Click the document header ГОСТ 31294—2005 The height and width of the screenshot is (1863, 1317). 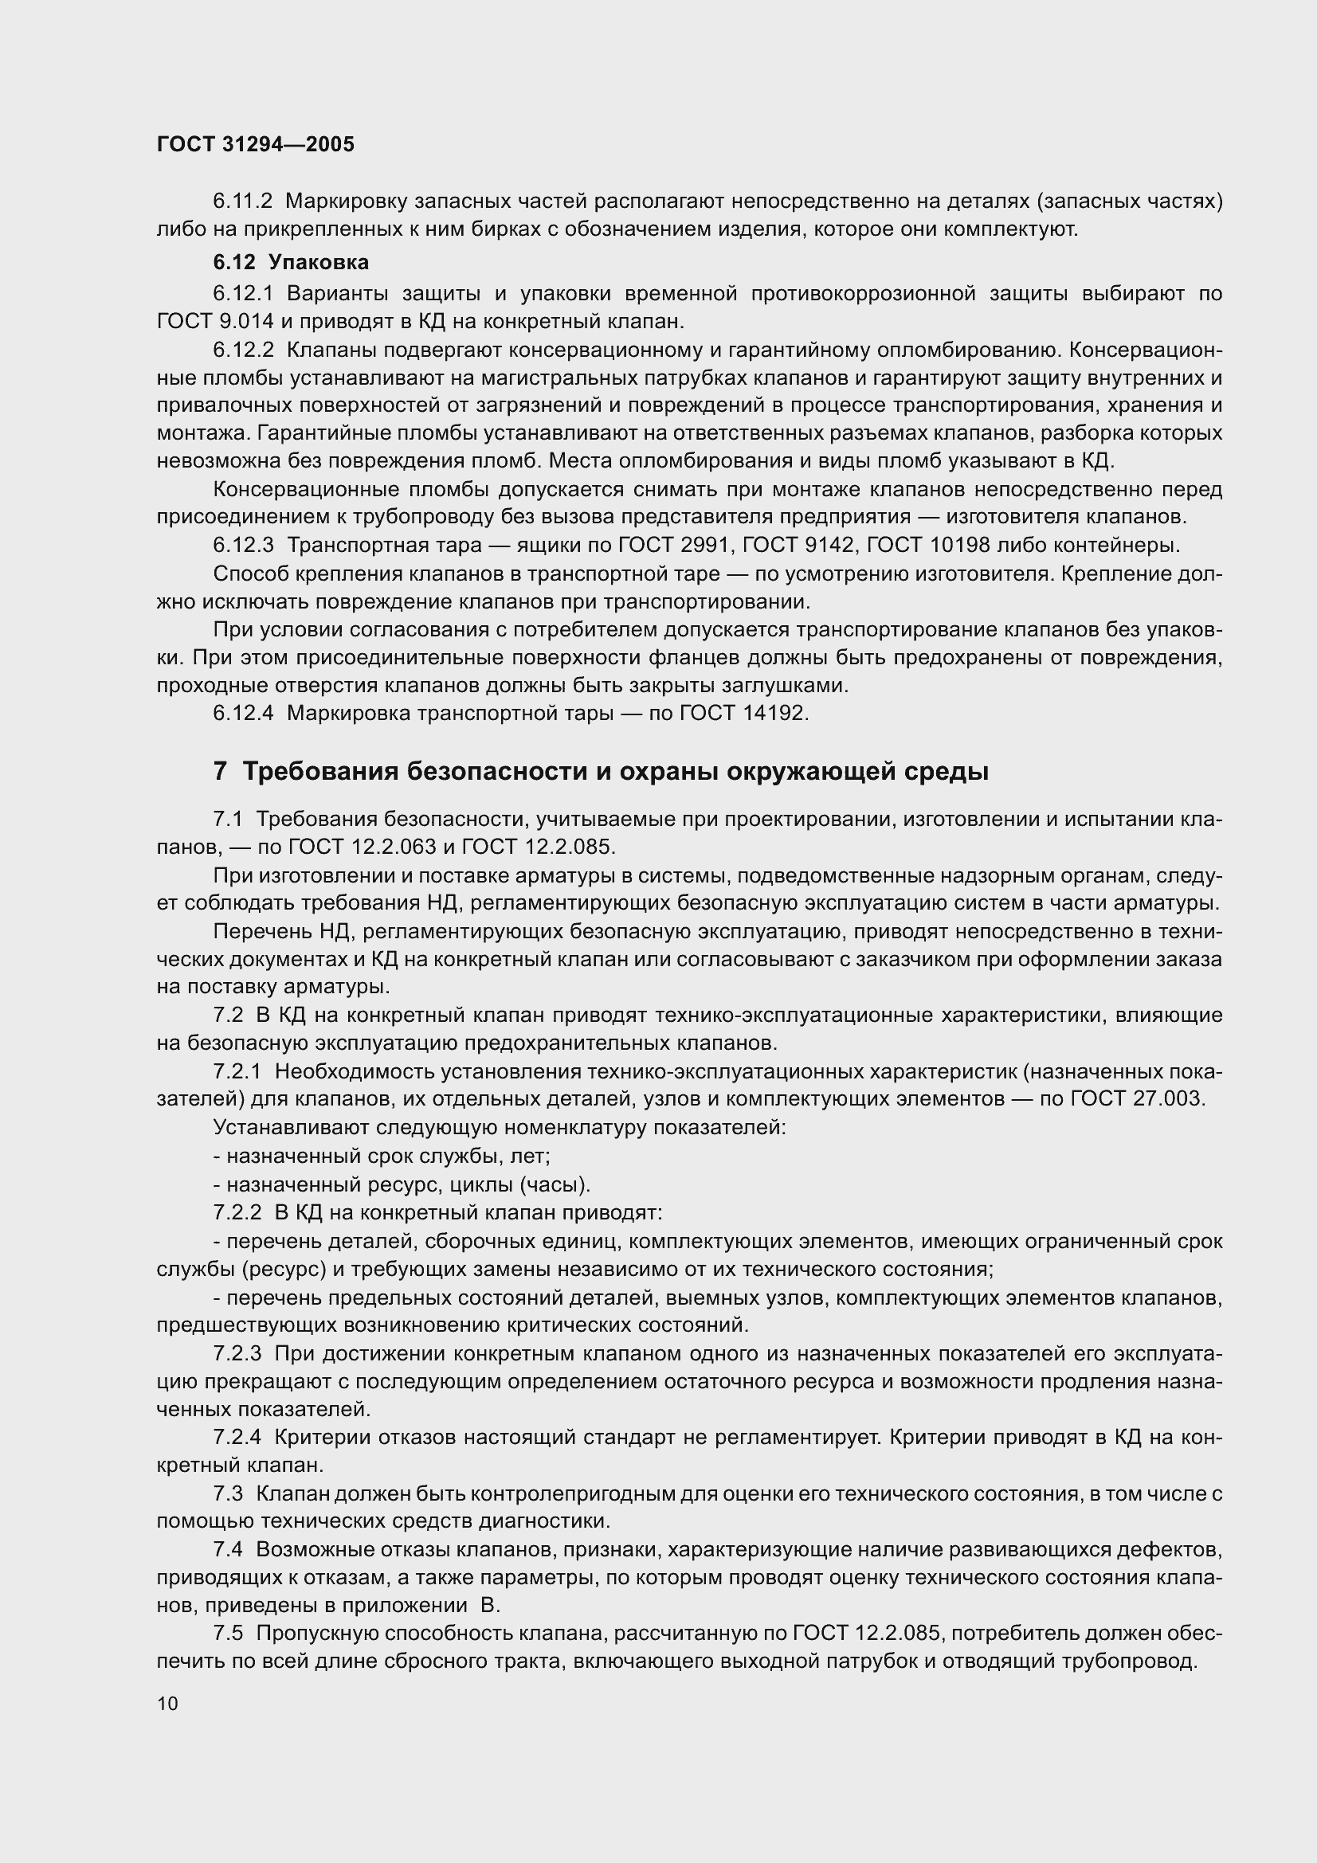click(x=256, y=144)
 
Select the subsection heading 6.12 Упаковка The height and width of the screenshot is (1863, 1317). click(x=291, y=262)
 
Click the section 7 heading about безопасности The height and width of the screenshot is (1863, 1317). click(x=601, y=771)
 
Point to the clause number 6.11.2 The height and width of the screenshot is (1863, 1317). click(x=243, y=201)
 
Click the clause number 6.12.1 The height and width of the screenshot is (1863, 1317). click(x=243, y=293)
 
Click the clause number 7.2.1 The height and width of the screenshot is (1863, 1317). click(x=237, y=1072)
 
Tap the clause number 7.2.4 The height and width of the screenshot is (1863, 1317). click(x=237, y=1437)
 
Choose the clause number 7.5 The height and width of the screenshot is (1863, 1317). click(x=228, y=1633)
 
